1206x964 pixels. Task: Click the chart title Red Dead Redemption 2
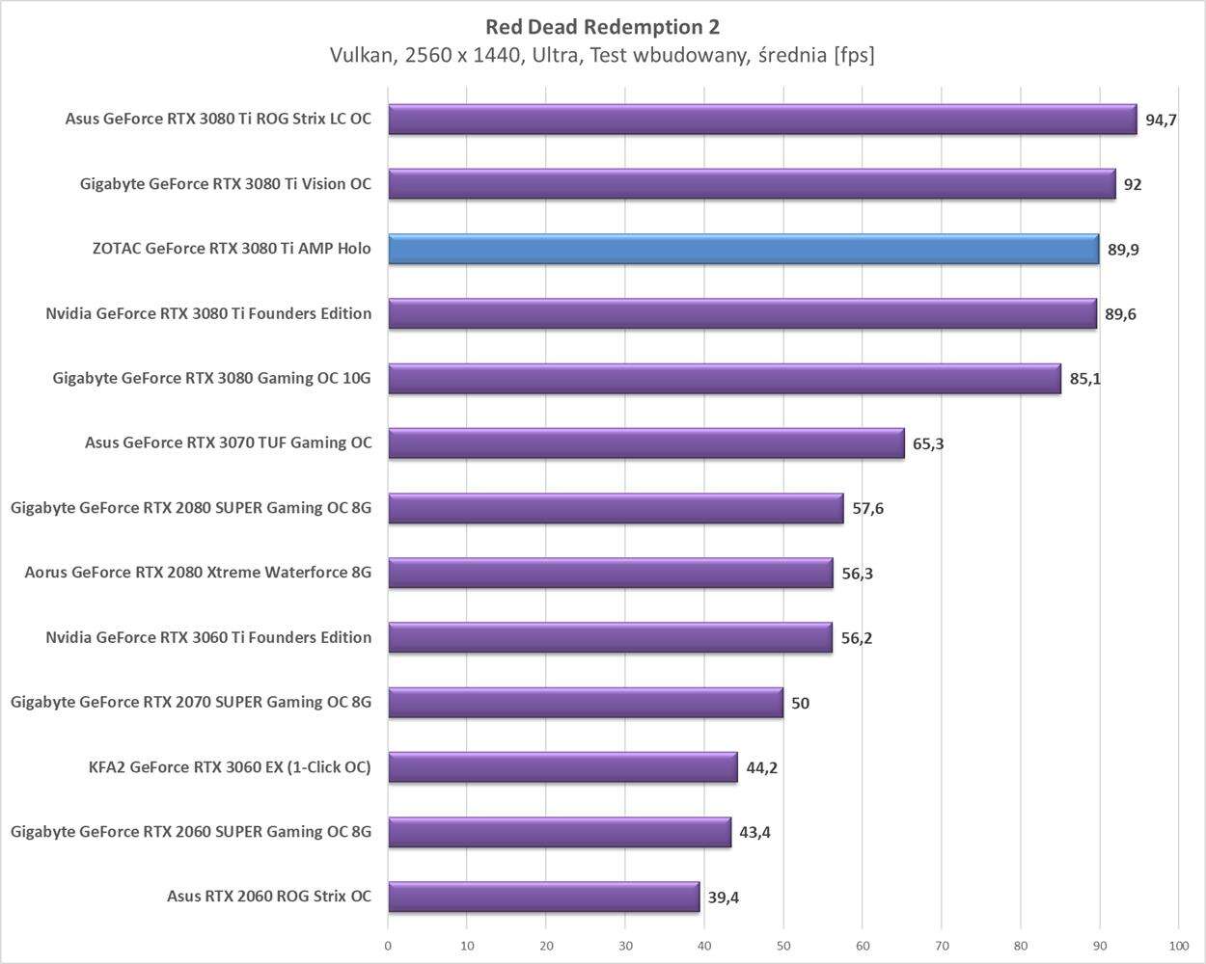pyautogui.click(x=602, y=26)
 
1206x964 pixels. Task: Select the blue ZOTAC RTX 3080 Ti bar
pyautogui.click(x=743, y=249)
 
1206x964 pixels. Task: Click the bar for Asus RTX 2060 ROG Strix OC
pyautogui.click(x=543, y=897)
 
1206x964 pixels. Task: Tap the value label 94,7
pyautogui.click(x=1161, y=120)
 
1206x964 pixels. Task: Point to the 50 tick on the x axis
pyautogui.click(x=783, y=946)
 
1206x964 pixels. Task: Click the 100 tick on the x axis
pyautogui.click(x=1178, y=946)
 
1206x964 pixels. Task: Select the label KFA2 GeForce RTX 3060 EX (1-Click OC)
pyautogui.click(x=229, y=767)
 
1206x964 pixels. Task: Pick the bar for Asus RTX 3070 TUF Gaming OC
pyautogui.click(x=646, y=443)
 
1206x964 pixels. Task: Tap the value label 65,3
pyautogui.click(x=927, y=444)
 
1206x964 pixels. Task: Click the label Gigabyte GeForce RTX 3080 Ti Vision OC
pyautogui.click(x=225, y=184)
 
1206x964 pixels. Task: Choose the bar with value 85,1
pyautogui.click(x=724, y=379)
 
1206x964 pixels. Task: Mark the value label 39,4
pyautogui.click(x=724, y=897)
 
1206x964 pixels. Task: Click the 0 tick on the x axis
pyautogui.click(x=388, y=946)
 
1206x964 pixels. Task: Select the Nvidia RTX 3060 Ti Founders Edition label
pyautogui.click(x=208, y=637)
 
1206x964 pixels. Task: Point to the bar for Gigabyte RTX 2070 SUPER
pyautogui.click(x=586, y=703)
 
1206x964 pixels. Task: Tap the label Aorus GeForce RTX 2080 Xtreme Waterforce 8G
pyautogui.click(x=198, y=573)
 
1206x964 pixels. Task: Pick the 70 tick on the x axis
pyautogui.click(x=942, y=946)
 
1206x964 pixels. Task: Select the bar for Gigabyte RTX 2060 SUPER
pyautogui.click(x=560, y=832)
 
